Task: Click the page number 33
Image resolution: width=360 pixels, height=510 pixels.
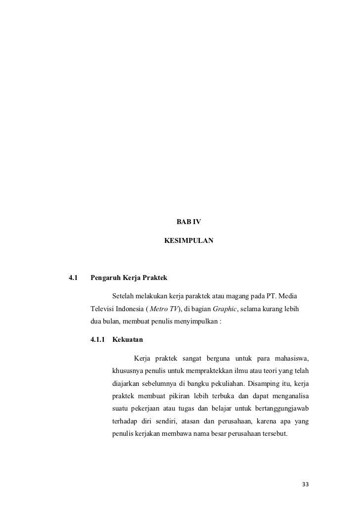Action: [305, 483]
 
